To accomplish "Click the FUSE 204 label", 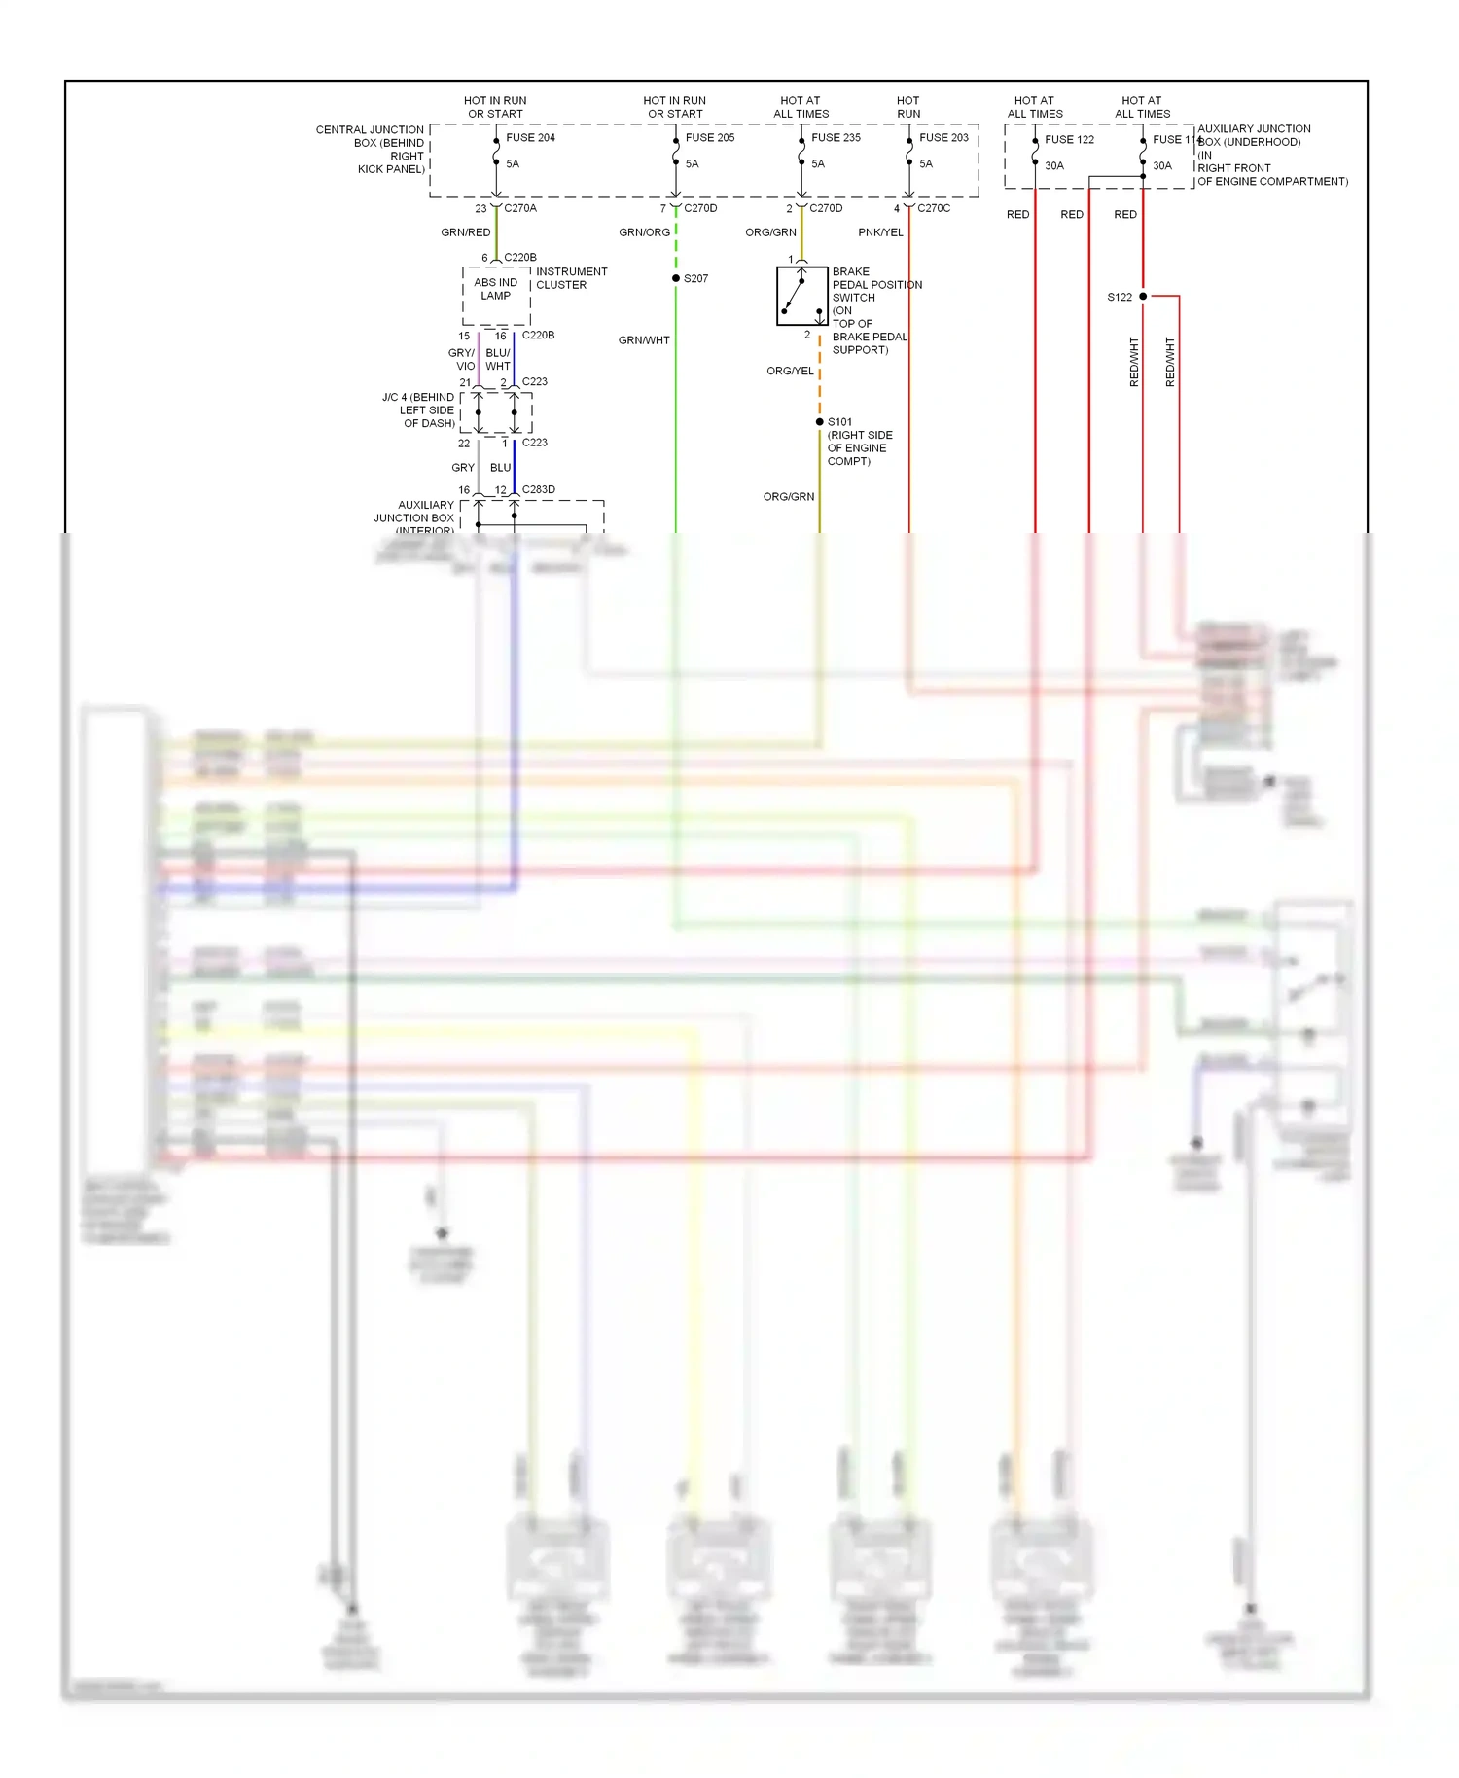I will [530, 138].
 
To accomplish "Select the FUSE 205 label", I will [710, 138].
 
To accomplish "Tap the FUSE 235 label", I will [836, 138].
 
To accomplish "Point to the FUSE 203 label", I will [943, 138].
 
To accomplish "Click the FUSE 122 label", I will [1069, 140].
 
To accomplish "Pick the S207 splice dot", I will [676, 279].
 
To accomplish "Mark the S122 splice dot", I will [1143, 297].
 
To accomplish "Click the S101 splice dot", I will [820, 422].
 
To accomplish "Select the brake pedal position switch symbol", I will [801, 296].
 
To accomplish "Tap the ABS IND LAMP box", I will [496, 296].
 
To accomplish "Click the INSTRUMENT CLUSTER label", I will [571, 279].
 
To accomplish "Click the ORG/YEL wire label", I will [790, 372].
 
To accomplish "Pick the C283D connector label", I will [539, 490].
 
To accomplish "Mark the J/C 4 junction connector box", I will [496, 413].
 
